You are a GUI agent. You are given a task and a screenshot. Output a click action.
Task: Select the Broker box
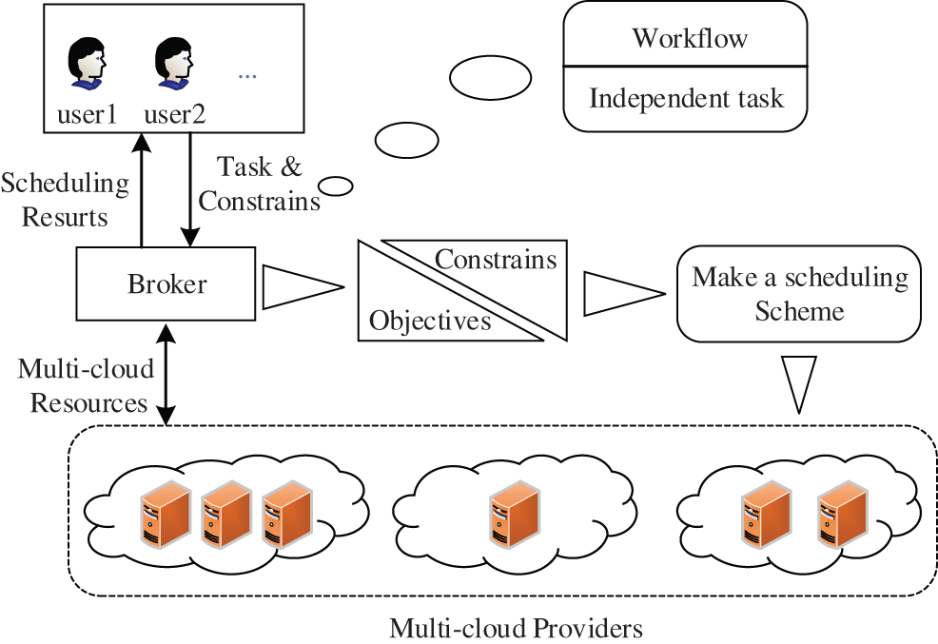[166, 283]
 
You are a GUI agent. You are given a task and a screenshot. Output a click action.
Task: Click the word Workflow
[690, 38]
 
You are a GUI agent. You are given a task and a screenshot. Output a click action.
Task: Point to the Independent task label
[686, 98]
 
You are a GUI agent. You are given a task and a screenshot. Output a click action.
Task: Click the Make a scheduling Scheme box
[799, 294]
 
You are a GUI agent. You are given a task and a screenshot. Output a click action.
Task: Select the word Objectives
[430, 321]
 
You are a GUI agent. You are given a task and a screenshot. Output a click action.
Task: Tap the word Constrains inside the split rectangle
[496, 259]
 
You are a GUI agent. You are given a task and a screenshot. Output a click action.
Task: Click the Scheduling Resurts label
[65, 200]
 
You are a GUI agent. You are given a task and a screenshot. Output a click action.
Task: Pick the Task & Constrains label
[260, 184]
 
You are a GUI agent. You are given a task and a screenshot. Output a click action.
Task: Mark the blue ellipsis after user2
[247, 75]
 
